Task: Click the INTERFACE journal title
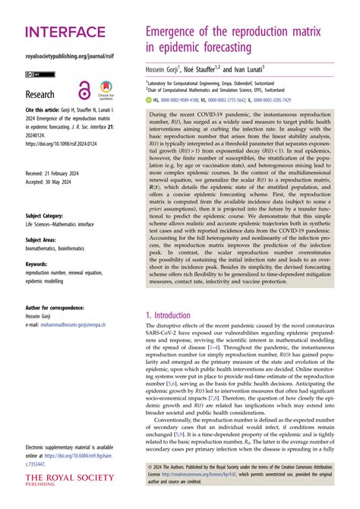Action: point(66,31)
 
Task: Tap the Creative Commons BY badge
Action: point(36,74)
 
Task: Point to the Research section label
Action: point(40,95)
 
